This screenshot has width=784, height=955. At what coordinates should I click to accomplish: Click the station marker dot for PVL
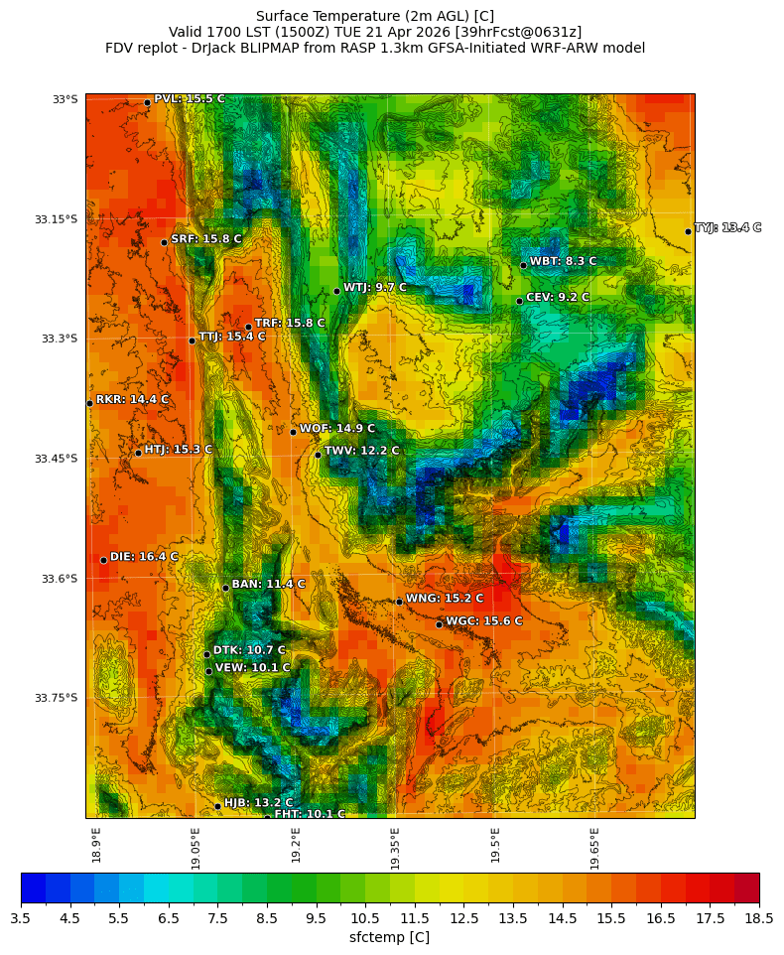click(147, 102)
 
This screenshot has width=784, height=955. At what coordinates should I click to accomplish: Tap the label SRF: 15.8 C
click(205, 239)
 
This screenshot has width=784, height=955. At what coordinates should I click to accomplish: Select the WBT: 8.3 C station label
click(563, 261)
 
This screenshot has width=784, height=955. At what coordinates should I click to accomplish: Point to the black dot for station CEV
click(519, 301)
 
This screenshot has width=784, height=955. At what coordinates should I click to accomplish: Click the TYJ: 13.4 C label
click(727, 227)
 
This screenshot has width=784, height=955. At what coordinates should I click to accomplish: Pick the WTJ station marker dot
click(336, 291)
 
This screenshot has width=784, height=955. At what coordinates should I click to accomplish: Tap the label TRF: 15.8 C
click(289, 323)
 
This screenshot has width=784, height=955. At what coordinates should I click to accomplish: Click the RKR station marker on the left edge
click(89, 403)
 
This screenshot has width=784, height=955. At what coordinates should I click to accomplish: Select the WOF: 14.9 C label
click(336, 429)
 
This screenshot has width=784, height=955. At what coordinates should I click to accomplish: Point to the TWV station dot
click(318, 455)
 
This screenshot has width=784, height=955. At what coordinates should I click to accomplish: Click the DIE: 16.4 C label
click(144, 557)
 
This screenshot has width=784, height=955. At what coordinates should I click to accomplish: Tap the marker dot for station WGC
click(439, 624)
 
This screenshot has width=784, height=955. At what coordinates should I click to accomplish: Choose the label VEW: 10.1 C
click(252, 668)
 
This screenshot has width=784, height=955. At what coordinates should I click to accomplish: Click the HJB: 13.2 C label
click(258, 802)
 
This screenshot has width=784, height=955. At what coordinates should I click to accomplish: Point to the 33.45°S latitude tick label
click(56, 459)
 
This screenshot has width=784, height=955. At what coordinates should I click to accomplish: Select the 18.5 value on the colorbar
click(758, 919)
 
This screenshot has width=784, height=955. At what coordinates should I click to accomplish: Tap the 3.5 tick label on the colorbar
click(21, 919)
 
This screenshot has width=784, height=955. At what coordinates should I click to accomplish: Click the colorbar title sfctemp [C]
click(389, 937)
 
